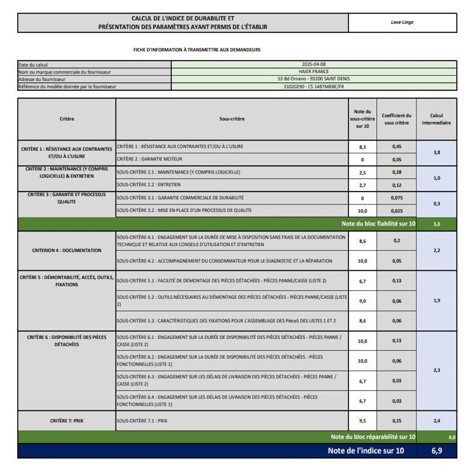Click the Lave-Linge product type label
coord(402,22)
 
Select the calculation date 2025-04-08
coord(313,64)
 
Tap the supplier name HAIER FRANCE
coord(313,72)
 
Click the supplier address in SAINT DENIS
coord(313,79)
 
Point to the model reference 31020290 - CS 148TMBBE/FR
coord(313,86)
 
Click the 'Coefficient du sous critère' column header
coord(396,119)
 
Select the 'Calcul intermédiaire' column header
coord(436,119)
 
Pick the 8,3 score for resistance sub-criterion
coord(362,147)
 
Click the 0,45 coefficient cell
coord(397,146)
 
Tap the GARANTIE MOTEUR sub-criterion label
coord(150,159)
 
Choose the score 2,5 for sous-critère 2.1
coord(362,173)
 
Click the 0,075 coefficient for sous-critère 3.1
coord(397,198)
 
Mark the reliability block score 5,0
coord(437,224)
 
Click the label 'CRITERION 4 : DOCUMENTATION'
coord(66,251)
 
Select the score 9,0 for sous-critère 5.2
coord(362,301)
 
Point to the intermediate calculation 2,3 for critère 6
coord(437,370)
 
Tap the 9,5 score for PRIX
coord(362,421)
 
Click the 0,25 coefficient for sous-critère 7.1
coord(397,421)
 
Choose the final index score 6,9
coord(437,451)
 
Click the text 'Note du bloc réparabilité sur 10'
coord(373,437)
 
